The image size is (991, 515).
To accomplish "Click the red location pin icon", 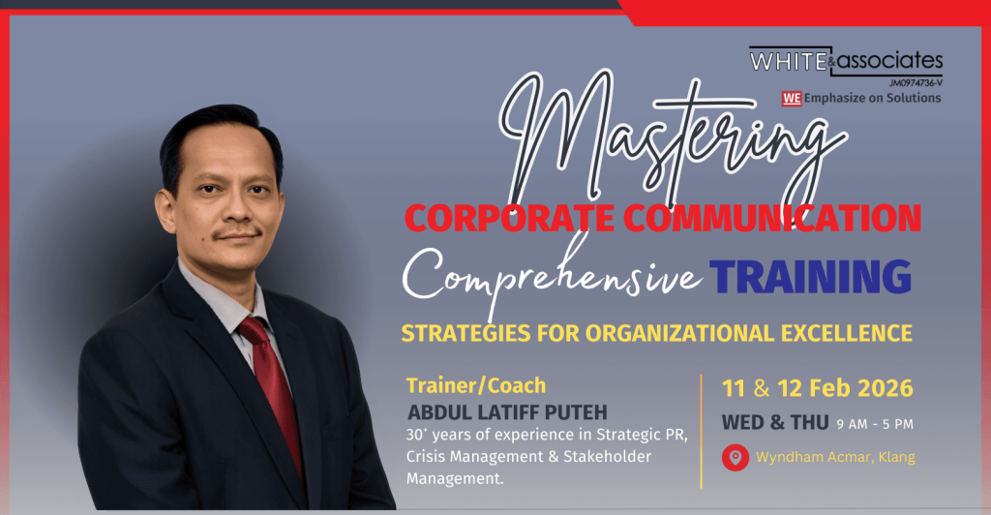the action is tap(736, 458).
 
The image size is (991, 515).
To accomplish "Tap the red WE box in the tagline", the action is tap(792, 98).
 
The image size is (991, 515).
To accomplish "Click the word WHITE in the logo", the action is tap(788, 61).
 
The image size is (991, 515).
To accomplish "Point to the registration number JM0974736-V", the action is tap(916, 83).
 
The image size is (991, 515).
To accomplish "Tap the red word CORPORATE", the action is tap(509, 218).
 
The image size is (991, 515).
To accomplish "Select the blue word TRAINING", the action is tap(810, 276).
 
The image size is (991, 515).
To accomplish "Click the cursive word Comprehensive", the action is tap(551, 278).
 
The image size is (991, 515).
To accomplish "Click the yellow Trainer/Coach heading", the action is tap(476, 385).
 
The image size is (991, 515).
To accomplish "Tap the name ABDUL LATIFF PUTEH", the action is tap(507, 412).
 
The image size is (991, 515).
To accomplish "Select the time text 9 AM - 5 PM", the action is tap(875, 425).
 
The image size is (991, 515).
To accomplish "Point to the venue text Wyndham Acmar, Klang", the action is tap(835, 457).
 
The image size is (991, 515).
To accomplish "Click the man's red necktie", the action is tap(273, 385).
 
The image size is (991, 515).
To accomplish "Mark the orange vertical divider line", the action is tap(702, 431).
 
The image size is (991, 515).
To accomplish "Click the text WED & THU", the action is tap(775, 423).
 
